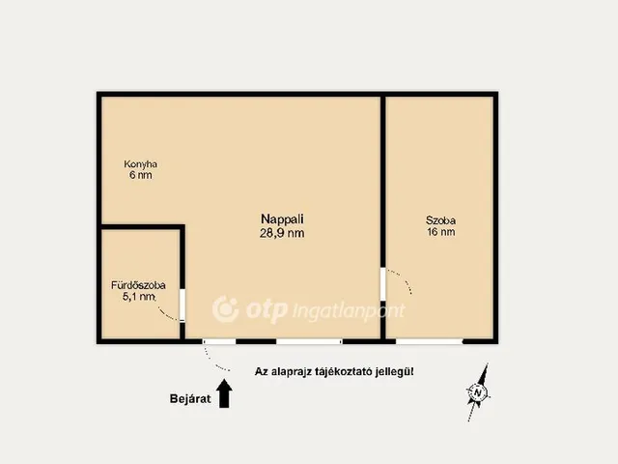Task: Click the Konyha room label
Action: pyautogui.click(x=140, y=164)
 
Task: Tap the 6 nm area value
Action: pyautogui.click(x=141, y=175)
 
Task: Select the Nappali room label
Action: pyautogui.click(x=282, y=219)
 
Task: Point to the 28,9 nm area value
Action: pyautogui.click(x=282, y=233)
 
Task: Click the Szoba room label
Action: pyautogui.click(x=440, y=220)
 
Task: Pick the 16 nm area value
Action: pyautogui.click(x=441, y=232)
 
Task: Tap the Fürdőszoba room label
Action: pyautogui.click(x=138, y=285)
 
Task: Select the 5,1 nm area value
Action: pyautogui.click(x=138, y=297)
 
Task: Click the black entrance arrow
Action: pyautogui.click(x=224, y=393)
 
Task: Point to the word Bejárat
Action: pyautogui.click(x=190, y=399)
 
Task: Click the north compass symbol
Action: pyautogui.click(x=478, y=392)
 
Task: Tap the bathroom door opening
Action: pyautogui.click(x=183, y=305)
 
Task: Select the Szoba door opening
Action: pyautogui.click(x=382, y=284)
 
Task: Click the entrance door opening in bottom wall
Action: pyautogui.click(x=219, y=341)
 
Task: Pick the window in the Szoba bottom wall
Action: pyautogui.click(x=429, y=341)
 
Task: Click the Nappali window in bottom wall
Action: pyautogui.click(x=309, y=341)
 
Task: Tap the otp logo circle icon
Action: pyautogui.click(x=226, y=309)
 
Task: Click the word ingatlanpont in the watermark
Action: pyautogui.click(x=349, y=311)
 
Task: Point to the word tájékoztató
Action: pyautogui.click(x=344, y=371)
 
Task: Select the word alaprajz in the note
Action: pyautogui.click(x=292, y=371)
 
